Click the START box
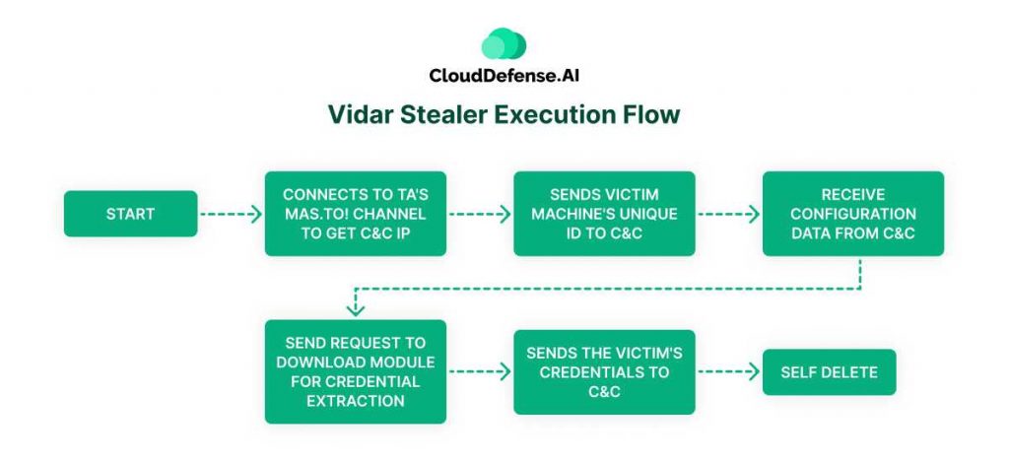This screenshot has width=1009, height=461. [x=130, y=214]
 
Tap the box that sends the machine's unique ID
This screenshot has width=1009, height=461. [x=604, y=214]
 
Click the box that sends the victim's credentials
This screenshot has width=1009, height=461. [x=604, y=371]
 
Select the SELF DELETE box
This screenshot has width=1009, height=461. [x=829, y=372]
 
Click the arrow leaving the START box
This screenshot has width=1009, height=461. [x=230, y=214]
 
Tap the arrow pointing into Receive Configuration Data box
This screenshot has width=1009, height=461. [x=729, y=214]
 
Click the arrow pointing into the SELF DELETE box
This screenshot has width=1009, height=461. [x=727, y=372]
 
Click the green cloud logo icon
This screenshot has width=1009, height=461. [x=504, y=44]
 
